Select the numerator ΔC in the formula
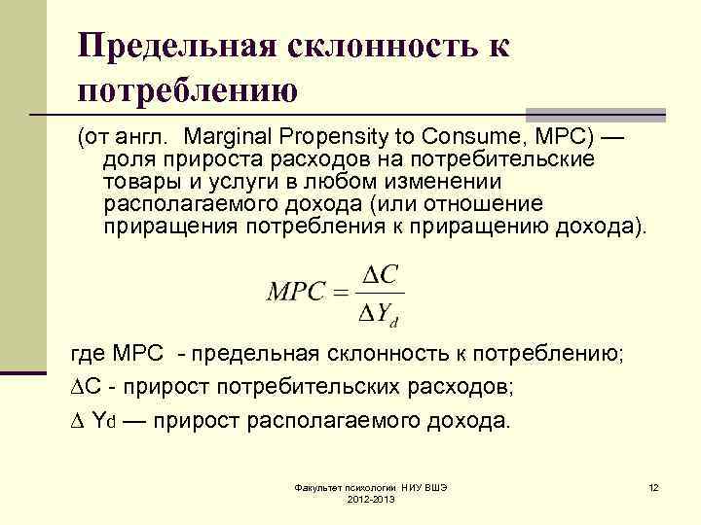coord(379,276)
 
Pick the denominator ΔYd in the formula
coord(379,312)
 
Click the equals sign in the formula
coord(343,293)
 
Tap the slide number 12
coord(653,486)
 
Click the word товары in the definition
coord(137,181)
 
